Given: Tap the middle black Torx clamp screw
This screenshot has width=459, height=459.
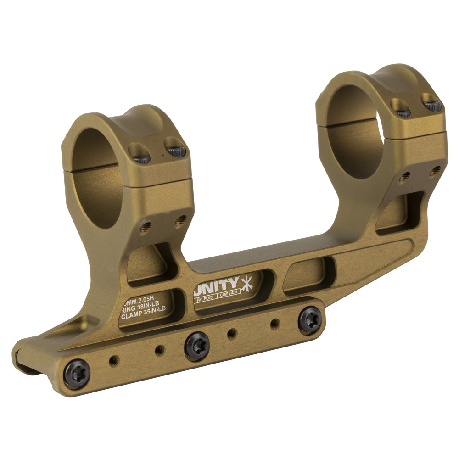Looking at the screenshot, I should pos(197,343).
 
